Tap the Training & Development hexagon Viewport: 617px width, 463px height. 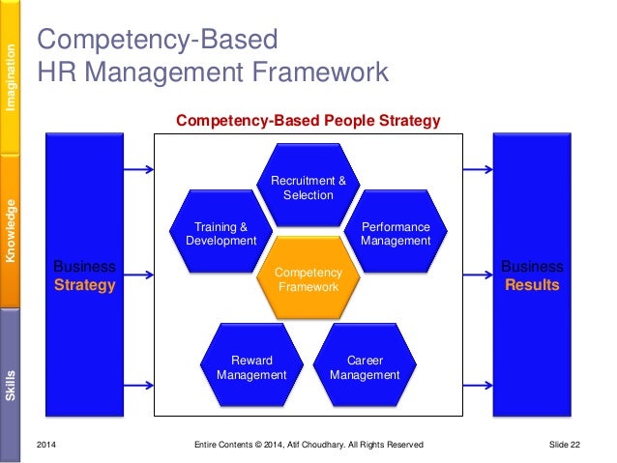click(x=221, y=233)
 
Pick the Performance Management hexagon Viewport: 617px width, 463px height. click(x=395, y=233)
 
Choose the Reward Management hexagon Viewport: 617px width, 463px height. click(x=251, y=366)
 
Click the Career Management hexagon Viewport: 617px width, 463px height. click(x=365, y=366)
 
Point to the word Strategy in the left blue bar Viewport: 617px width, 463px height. click(x=85, y=285)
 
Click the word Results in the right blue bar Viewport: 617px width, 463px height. click(x=531, y=285)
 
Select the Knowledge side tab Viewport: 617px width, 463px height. click(x=12, y=231)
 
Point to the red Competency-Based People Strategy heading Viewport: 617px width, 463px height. click(x=308, y=121)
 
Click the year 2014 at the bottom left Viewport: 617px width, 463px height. click(x=46, y=444)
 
